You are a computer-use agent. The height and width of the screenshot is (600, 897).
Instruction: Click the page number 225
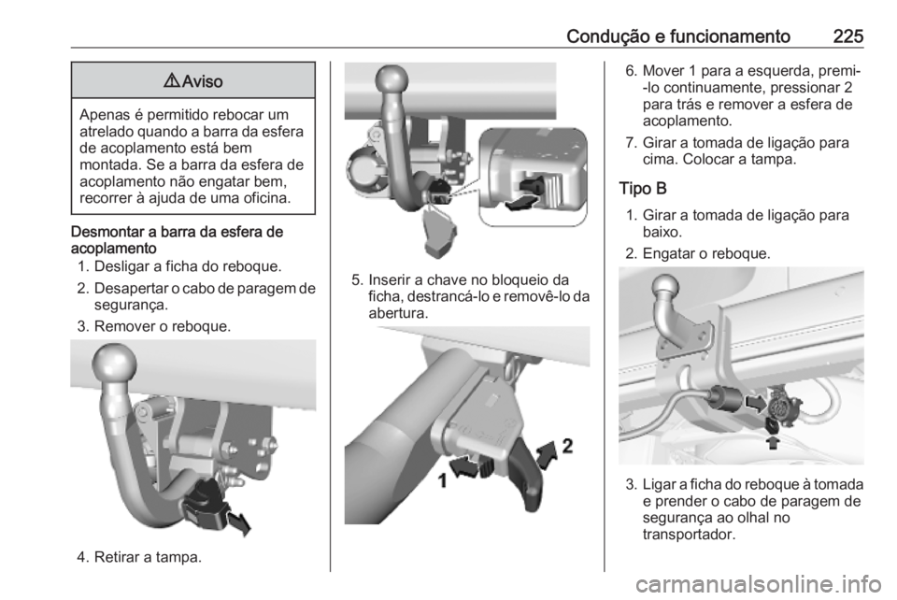pyautogui.click(x=847, y=36)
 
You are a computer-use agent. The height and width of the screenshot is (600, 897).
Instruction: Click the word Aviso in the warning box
pyautogui.click(x=203, y=81)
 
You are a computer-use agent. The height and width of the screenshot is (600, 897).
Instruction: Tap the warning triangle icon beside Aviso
pyautogui.click(x=172, y=81)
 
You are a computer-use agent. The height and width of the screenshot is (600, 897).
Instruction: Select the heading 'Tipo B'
pyautogui.click(x=643, y=188)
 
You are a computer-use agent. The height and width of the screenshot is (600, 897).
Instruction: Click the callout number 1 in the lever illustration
pyautogui.click(x=442, y=481)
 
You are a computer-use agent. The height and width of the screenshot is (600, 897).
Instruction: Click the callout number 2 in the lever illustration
pyautogui.click(x=566, y=446)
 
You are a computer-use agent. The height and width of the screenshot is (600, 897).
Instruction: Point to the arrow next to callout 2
pyautogui.click(x=547, y=455)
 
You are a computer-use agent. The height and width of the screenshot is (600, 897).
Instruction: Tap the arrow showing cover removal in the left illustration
pyautogui.click(x=238, y=523)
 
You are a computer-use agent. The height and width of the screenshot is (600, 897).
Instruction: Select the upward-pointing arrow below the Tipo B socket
pyautogui.click(x=773, y=442)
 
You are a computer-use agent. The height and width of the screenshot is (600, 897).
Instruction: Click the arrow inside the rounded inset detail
pyautogui.click(x=522, y=203)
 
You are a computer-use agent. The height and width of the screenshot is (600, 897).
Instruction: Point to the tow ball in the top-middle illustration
pyautogui.click(x=392, y=79)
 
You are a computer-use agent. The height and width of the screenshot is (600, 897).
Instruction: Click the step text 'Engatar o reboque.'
pyautogui.click(x=706, y=253)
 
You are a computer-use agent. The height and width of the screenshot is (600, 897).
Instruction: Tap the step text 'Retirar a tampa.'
pyautogui.click(x=148, y=556)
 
